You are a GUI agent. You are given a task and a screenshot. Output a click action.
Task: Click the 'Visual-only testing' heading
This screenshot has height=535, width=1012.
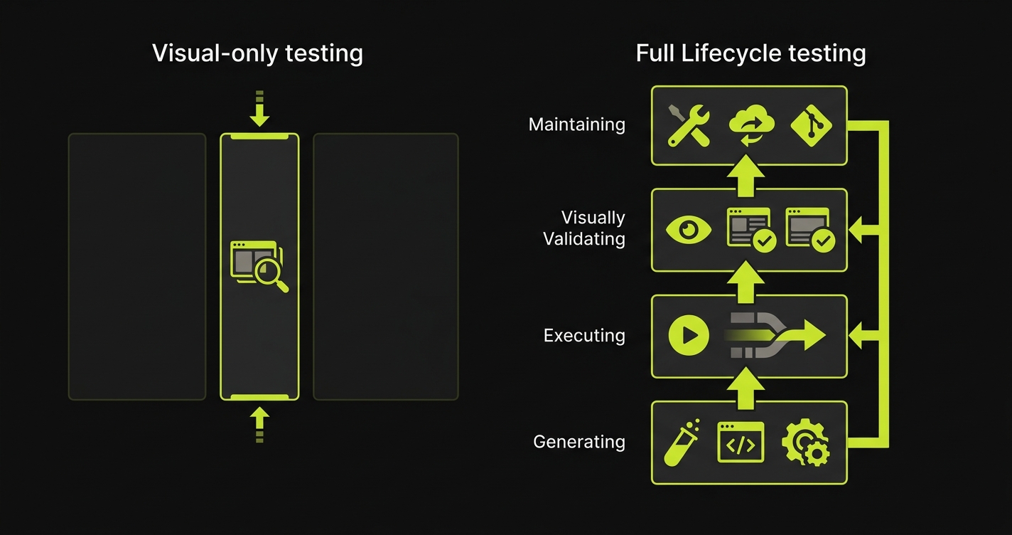(x=257, y=53)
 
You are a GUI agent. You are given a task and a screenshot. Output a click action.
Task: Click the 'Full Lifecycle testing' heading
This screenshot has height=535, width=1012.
(x=750, y=53)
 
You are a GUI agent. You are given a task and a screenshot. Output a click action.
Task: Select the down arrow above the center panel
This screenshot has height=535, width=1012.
(x=259, y=110)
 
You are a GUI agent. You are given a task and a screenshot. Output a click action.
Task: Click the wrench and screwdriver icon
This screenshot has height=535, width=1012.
(x=689, y=126)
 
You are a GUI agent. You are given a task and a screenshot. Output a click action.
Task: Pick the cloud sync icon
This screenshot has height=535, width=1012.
(x=750, y=126)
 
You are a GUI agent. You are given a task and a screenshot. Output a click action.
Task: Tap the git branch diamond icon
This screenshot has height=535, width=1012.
(x=811, y=126)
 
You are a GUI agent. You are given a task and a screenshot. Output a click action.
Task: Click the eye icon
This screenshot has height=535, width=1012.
(x=688, y=230)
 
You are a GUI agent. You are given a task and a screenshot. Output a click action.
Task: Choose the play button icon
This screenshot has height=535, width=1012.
(x=689, y=335)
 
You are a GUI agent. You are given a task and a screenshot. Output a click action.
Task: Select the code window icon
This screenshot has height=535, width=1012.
(x=741, y=442)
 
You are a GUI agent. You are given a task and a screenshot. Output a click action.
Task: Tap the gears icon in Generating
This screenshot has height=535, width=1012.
(x=805, y=443)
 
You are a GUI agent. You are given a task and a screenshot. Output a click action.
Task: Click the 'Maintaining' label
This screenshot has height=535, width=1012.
(x=576, y=125)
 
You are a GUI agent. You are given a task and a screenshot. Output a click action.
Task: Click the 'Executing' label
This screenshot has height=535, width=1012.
(x=583, y=335)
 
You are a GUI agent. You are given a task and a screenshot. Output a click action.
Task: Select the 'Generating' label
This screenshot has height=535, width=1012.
(x=578, y=442)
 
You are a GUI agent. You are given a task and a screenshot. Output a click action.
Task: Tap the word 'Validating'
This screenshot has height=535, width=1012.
(x=583, y=239)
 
